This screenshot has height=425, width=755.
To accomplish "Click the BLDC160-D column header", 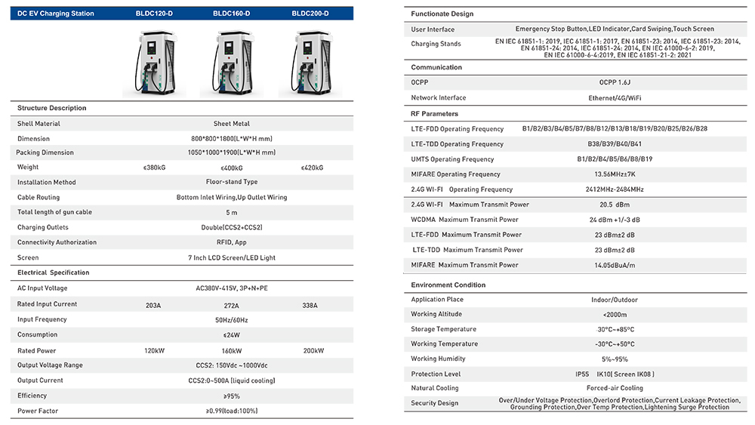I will pos(232,14).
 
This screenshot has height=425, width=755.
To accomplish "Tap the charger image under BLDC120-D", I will pos(153,63).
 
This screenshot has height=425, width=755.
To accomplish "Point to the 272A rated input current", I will pos(232,306).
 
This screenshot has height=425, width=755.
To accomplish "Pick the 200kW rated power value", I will pos(313,351).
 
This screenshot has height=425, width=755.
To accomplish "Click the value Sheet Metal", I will pos(232,124).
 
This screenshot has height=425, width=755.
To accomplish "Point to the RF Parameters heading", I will pos(434,114).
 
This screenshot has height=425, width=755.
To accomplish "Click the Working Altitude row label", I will pos(438,314).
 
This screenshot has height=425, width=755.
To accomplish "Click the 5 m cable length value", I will pos(232,213).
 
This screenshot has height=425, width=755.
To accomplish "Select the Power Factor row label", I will pos(38,411).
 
